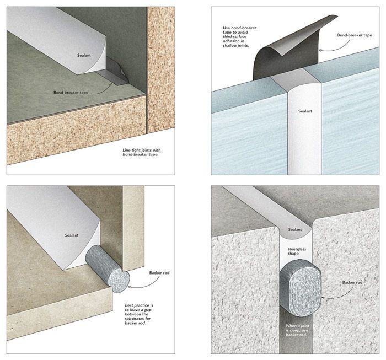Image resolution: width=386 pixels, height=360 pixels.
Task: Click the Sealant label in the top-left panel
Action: pyautogui.click(x=84, y=55)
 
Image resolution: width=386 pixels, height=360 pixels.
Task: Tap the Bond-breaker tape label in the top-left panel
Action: pyautogui.click(x=71, y=93)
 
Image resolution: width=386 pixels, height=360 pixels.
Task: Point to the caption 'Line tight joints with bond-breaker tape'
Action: pyautogui.click(x=142, y=152)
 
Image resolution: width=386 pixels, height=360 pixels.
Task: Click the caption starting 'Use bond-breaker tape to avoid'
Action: pyautogui.click(x=239, y=36)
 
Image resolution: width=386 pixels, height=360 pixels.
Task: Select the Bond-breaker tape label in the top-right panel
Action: pyautogui.click(x=355, y=35)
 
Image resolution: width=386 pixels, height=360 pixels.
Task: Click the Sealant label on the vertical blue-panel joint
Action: pyautogui.click(x=305, y=111)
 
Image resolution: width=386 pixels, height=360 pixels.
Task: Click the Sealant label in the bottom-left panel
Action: pyautogui.click(x=72, y=235)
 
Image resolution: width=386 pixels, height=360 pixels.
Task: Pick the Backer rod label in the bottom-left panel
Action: pyautogui.click(x=159, y=273)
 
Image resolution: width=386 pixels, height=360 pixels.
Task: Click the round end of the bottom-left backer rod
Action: pyautogui.click(x=119, y=281)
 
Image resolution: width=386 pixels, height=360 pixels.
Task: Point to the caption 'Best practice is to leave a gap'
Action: pyautogui.click(x=139, y=314)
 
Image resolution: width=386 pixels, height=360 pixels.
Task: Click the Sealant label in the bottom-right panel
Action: pyautogui.click(x=295, y=229)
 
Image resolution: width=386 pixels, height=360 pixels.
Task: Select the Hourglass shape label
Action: pyautogui.click(x=297, y=251)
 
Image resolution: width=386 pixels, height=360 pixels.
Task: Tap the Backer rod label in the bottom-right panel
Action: pyautogui.click(x=352, y=282)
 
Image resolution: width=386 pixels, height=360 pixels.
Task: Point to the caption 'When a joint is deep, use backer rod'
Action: pyautogui.click(x=297, y=330)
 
